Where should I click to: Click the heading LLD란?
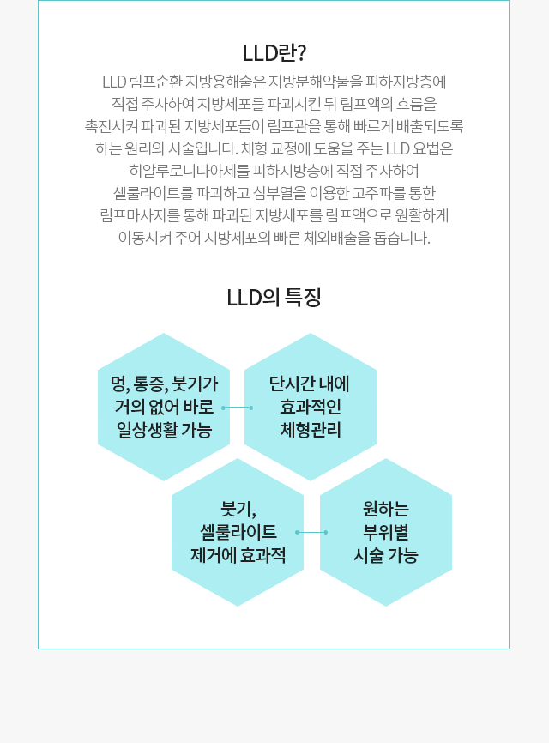coord(274,53)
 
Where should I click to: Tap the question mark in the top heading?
coord(301,53)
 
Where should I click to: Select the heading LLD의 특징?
coord(274,298)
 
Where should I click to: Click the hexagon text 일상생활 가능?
coord(164,430)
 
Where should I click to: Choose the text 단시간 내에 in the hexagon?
coord(310,384)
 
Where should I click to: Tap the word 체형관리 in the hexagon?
coord(311,430)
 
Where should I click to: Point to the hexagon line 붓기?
coord(238,510)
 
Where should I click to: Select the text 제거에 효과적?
coord(238,555)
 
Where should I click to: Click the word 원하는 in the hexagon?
coord(385,510)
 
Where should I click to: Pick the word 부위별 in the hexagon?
coord(385,532)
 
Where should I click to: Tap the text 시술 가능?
coord(385,555)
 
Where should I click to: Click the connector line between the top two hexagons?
coord(238,408)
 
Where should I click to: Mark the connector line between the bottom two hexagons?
coord(311,532)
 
